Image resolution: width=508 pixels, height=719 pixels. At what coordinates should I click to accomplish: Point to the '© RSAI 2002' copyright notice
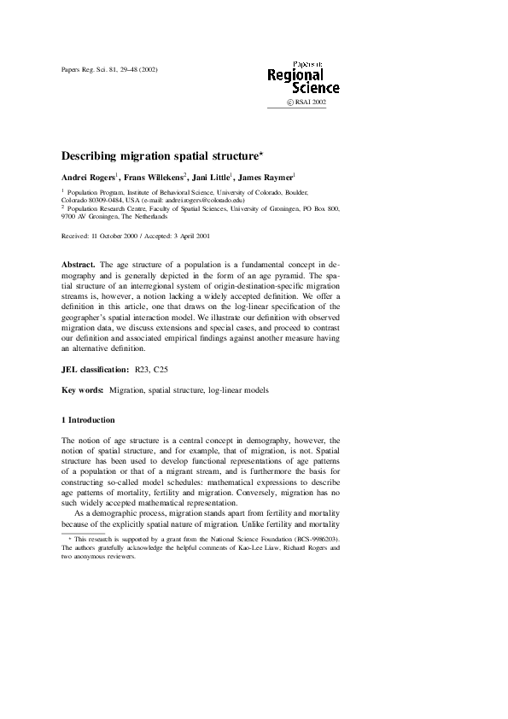tap(306, 102)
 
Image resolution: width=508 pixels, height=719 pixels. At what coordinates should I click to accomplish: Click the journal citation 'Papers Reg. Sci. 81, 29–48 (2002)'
tap(110, 69)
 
